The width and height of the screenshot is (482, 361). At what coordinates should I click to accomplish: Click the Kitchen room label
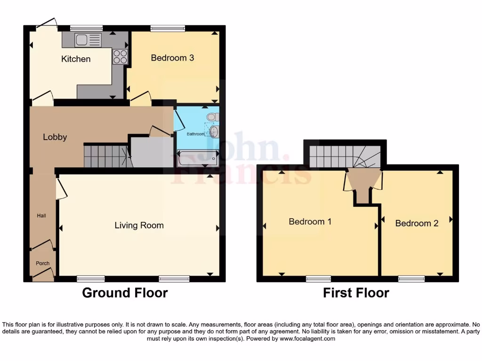[x=76, y=59]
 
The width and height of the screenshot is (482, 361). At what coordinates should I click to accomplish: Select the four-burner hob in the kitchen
[x=120, y=56]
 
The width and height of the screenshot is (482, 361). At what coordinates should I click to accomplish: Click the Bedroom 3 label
[x=172, y=58]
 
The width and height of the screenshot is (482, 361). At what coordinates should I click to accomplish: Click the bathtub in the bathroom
[x=197, y=159]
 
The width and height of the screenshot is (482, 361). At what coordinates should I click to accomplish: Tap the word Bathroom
[x=196, y=134]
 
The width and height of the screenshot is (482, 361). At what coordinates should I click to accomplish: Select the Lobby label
[x=55, y=137]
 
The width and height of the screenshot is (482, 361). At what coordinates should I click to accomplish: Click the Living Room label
[x=139, y=226]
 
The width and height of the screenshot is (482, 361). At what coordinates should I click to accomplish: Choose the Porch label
[x=43, y=263]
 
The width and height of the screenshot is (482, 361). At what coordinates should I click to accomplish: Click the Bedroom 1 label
[x=310, y=221]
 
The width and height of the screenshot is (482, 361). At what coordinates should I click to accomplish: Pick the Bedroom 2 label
[x=417, y=223]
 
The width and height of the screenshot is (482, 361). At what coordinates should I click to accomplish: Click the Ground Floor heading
[x=125, y=293]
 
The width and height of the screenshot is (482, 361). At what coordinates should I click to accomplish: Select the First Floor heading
[x=356, y=293]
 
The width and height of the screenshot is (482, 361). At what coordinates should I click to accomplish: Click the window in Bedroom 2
[x=411, y=279]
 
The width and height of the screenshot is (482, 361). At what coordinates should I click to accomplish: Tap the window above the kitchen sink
[x=87, y=28]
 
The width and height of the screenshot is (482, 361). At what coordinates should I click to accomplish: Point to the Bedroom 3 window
[x=168, y=28]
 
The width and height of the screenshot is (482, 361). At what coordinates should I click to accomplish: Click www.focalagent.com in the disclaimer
[x=307, y=338]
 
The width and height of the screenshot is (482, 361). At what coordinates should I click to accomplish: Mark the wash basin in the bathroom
[x=214, y=131]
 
